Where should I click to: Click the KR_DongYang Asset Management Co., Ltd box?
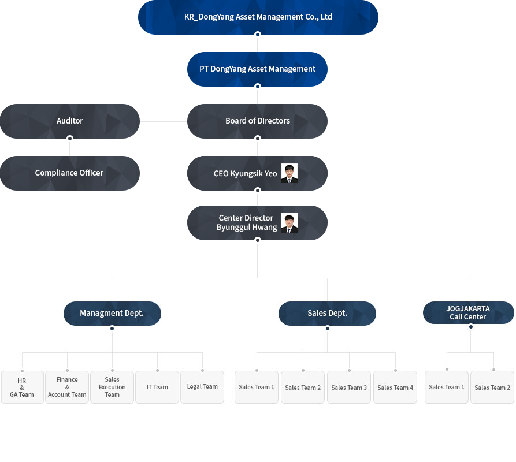pyautogui.click(x=258, y=17)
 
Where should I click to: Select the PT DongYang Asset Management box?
pyautogui.click(x=257, y=69)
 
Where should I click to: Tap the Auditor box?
pyautogui.click(x=70, y=121)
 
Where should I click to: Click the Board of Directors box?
pyautogui.click(x=257, y=121)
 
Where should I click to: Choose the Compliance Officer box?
pyautogui.click(x=70, y=173)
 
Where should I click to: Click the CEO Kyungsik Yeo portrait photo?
pyautogui.click(x=289, y=173)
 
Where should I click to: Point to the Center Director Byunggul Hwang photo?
pyautogui.click(x=289, y=223)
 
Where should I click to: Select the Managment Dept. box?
pyautogui.click(x=112, y=314)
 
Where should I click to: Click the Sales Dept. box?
pyautogui.click(x=327, y=314)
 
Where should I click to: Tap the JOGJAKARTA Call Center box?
pyautogui.click(x=468, y=312)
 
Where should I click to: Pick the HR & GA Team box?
pyautogui.click(x=23, y=387)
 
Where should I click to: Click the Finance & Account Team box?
pyautogui.click(x=67, y=387)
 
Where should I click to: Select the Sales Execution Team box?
pyautogui.click(x=112, y=387)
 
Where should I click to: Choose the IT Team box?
pyautogui.click(x=157, y=387)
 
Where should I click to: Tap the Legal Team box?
pyautogui.click(x=202, y=387)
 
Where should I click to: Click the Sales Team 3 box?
pyautogui.click(x=349, y=387)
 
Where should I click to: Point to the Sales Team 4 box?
pyautogui.click(x=395, y=387)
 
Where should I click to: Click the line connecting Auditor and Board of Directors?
pyautogui.click(x=164, y=121)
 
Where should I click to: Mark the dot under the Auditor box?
pyautogui.click(x=70, y=138)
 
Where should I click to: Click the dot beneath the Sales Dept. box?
pyautogui.click(x=328, y=328)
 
